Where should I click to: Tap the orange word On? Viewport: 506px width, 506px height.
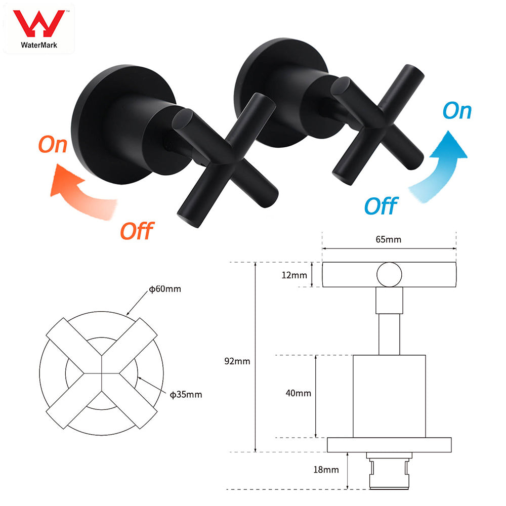53,145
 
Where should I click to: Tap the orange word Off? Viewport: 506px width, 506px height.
136,231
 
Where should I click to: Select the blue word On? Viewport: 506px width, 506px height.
457,111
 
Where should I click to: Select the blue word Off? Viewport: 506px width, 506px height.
381,206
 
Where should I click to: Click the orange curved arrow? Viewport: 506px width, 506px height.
83,192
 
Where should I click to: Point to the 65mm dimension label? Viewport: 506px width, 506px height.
389,239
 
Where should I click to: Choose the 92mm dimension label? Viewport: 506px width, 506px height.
238,361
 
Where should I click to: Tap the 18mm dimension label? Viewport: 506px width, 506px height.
326,470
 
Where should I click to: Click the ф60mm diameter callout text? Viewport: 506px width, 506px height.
165,289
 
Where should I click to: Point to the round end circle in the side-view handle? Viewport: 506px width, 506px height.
389,275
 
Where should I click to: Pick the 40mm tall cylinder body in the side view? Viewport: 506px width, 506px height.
389,396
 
